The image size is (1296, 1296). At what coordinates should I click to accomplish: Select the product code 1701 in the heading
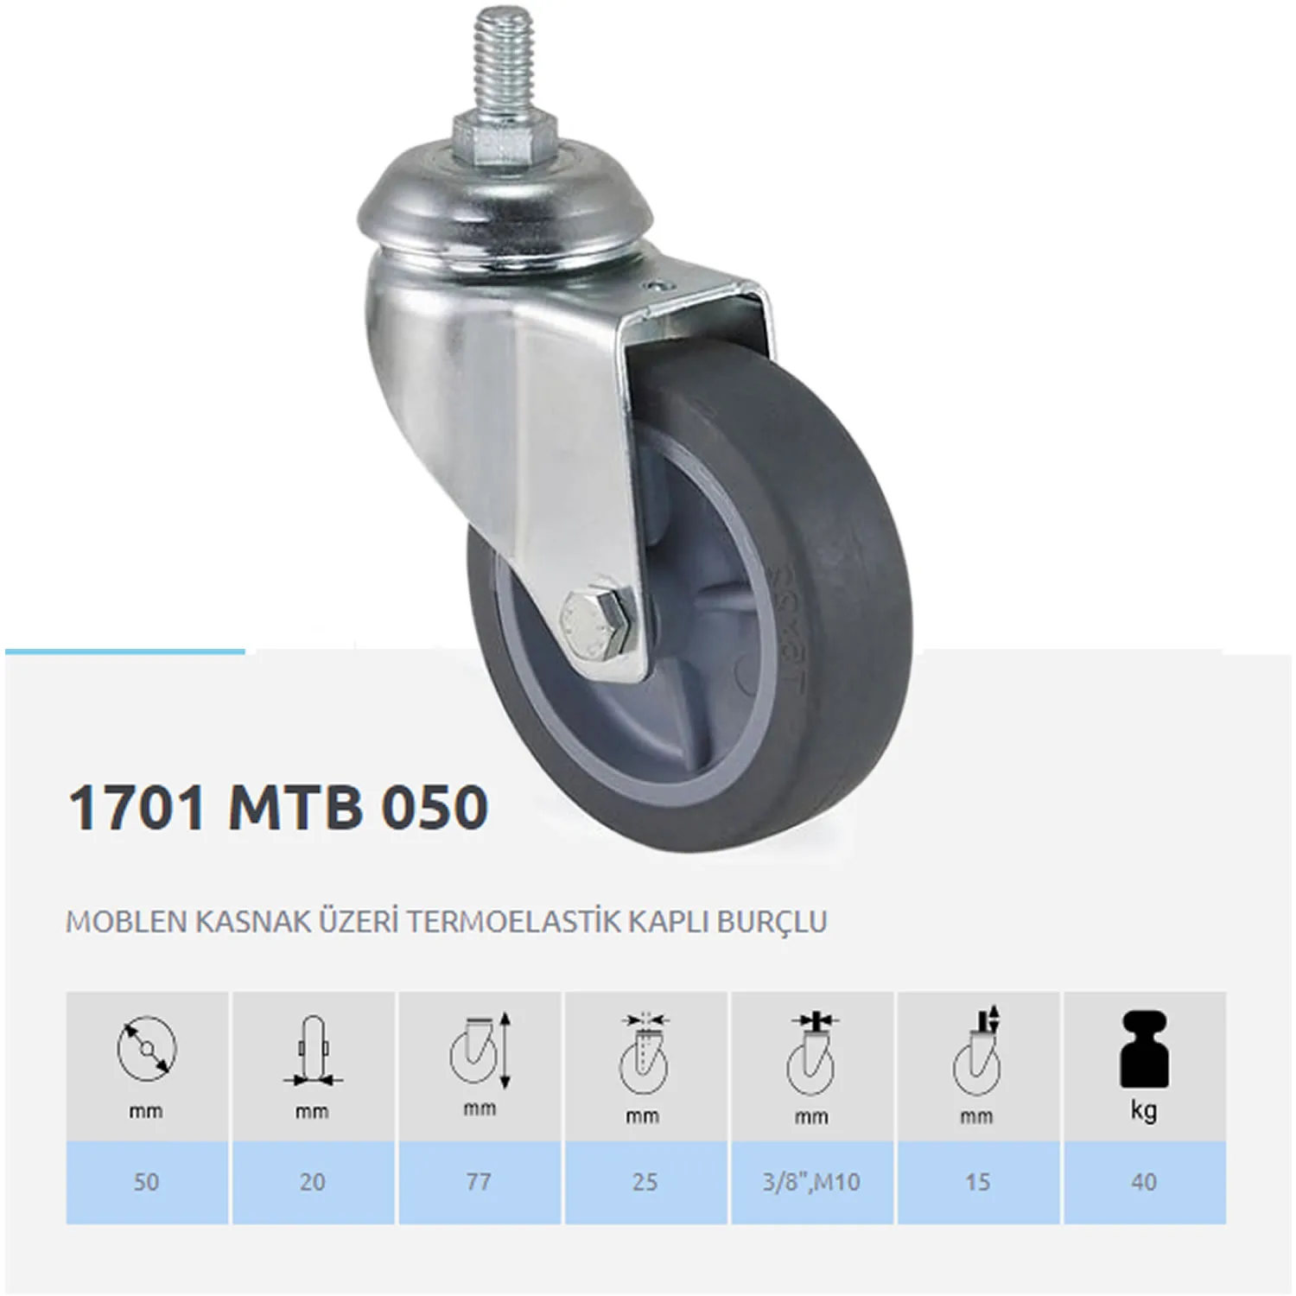tap(137, 808)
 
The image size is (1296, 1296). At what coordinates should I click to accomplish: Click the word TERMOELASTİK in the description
tap(513, 922)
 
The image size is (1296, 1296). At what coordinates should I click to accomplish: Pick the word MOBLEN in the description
tap(126, 922)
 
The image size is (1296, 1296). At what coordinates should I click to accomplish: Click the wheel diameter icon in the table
tap(147, 1048)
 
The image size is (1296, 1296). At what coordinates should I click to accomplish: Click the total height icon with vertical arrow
tap(480, 1050)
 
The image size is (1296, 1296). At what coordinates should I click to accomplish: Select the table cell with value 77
tap(480, 1181)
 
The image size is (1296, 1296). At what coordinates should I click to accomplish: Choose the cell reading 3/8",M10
tap(811, 1181)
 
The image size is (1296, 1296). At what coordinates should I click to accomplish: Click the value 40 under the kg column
tap(1144, 1181)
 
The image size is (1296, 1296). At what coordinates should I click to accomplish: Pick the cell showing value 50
tap(147, 1181)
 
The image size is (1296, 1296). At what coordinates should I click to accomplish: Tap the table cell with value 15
tap(977, 1181)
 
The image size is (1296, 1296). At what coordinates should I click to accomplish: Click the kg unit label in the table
tap(1144, 1111)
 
